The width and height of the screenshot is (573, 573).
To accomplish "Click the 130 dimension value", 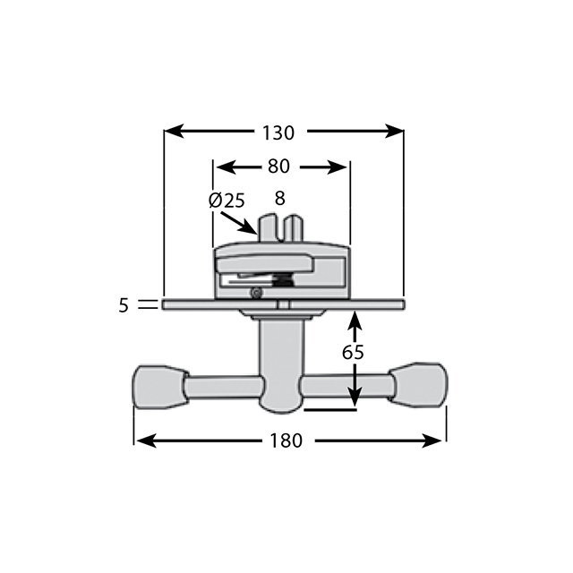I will (278, 133).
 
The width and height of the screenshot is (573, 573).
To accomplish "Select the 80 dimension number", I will (278, 167).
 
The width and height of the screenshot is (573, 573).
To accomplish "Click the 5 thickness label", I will (124, 305).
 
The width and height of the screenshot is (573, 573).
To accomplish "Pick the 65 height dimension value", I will (354, 352).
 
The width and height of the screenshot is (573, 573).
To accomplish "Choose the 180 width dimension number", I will (289, 440).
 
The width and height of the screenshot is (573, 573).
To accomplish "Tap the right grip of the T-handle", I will (419, 385).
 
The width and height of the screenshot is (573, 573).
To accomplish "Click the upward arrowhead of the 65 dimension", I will (356, 318).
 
